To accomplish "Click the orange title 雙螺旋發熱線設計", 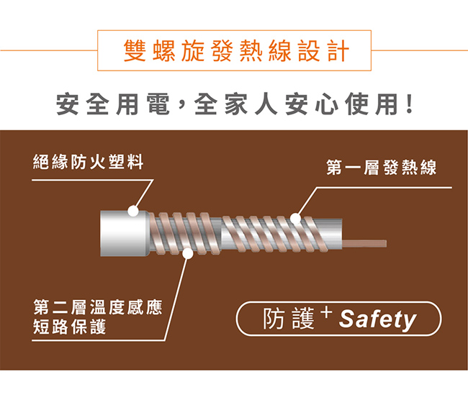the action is point(236,50).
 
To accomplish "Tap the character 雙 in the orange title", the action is point(135,50).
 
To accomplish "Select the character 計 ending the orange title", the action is point(338,50).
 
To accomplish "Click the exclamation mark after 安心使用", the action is point(410,104).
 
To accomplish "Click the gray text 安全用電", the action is point(113,104).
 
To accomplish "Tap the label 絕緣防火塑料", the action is point(88,162).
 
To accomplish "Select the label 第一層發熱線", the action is point(381,168).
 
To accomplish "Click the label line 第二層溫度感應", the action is point(98,307).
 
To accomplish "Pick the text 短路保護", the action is point(70,327).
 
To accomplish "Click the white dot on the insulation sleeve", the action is point(133,211).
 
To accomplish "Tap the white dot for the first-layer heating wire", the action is point(295,219).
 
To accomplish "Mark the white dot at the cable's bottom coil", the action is point(188,253).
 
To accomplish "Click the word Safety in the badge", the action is point(377,319).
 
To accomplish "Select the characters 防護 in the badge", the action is point(289,319).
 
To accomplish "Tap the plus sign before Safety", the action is point(327,312).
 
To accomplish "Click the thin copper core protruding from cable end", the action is point(364,243).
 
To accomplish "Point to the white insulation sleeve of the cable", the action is point(125,233).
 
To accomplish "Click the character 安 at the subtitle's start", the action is point(68,104).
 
